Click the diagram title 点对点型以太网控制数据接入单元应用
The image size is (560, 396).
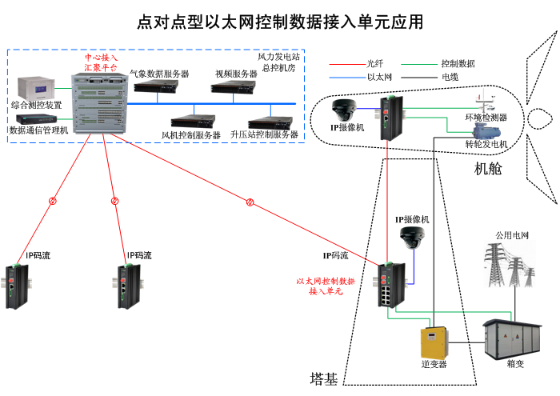280,22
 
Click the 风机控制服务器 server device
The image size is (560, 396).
193,121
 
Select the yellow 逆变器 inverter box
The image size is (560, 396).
433,342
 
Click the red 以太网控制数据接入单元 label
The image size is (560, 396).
326,286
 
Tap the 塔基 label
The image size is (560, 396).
323,379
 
